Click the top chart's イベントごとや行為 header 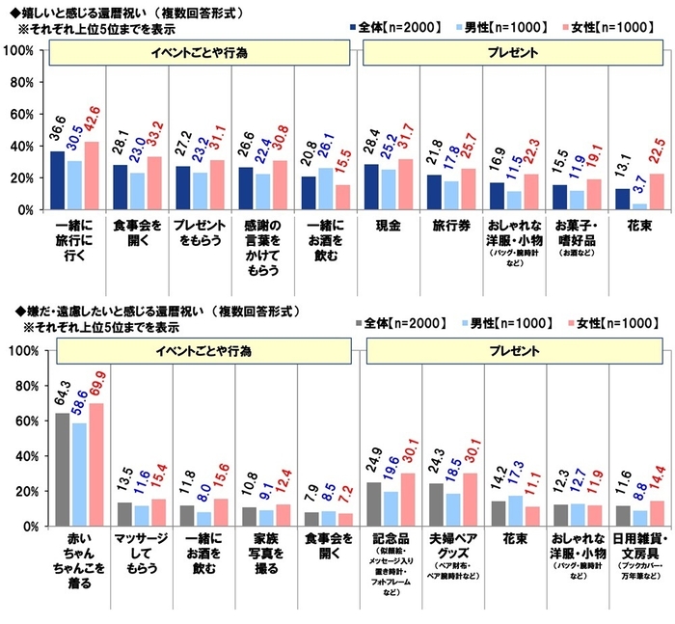200,52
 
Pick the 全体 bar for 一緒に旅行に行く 58,179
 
